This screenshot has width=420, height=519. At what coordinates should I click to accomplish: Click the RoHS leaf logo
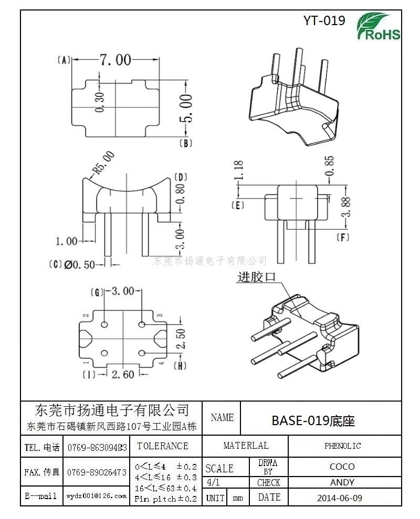tap(378, 27)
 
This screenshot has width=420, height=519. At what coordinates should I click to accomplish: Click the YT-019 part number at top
tap(324, 20)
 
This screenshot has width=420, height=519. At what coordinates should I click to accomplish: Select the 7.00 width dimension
tap(115, 60)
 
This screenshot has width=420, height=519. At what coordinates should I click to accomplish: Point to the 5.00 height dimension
tap(186, 108)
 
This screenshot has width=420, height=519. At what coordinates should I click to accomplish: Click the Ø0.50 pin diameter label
tap(80, 265)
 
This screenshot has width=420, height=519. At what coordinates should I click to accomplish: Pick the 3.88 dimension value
tap(345, 207)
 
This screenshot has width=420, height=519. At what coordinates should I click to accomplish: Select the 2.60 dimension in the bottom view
tap(123, 374)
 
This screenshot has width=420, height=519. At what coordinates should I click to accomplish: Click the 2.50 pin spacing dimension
tap(181, 338)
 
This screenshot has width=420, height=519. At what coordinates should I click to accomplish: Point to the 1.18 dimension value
tap(239, 170)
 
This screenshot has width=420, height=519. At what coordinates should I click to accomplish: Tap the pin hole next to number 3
tap(142, 325)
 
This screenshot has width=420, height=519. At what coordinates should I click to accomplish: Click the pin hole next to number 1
tap(104, 353)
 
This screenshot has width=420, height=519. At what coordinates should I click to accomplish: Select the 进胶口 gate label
tap(257, 277)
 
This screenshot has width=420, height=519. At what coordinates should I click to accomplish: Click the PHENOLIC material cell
tap(342, 446)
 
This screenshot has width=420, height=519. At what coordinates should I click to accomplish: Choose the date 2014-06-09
tap(340, 498)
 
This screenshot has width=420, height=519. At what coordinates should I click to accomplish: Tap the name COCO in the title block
tap(342, 467)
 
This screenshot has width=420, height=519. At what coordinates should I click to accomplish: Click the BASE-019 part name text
tap(313, 420)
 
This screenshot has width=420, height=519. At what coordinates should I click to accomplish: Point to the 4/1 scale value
tap(213, 482)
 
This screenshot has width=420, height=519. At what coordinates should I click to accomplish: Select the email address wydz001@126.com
tap(97, 496)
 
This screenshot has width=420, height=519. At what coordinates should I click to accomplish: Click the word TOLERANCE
tap(162, 446)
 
